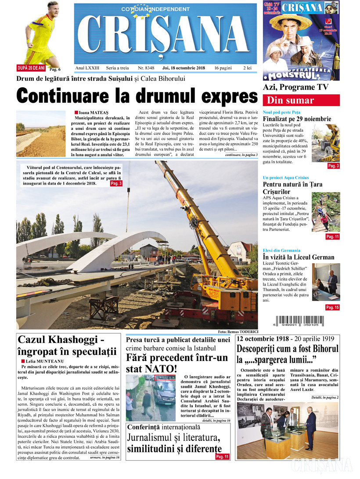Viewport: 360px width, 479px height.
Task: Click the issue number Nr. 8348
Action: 146,68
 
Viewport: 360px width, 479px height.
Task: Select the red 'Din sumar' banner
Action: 301,100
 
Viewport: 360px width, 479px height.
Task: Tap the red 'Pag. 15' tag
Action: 332,307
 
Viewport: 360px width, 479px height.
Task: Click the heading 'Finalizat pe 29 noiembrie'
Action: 297,119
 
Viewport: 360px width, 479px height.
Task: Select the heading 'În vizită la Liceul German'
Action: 298,257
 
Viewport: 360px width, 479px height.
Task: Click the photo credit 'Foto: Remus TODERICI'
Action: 237,332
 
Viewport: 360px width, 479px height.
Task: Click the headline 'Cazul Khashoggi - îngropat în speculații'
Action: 67,345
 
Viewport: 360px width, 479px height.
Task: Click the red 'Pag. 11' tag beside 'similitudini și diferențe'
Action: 223,457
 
